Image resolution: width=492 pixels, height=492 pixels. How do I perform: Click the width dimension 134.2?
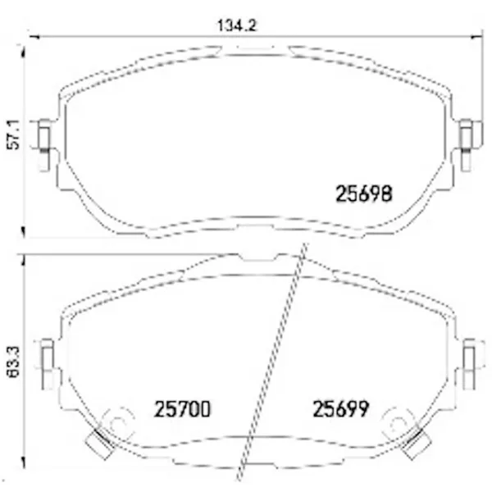237,25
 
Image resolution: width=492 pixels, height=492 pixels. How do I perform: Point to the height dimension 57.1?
13,134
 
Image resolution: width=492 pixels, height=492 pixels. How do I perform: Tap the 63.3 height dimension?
13,362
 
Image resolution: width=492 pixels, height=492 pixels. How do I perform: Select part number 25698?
363,194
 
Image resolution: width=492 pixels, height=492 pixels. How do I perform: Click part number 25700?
182,409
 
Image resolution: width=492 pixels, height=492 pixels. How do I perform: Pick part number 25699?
341,409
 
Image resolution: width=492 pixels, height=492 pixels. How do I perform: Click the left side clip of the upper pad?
44,145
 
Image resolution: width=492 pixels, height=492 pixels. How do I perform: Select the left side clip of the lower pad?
48,364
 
